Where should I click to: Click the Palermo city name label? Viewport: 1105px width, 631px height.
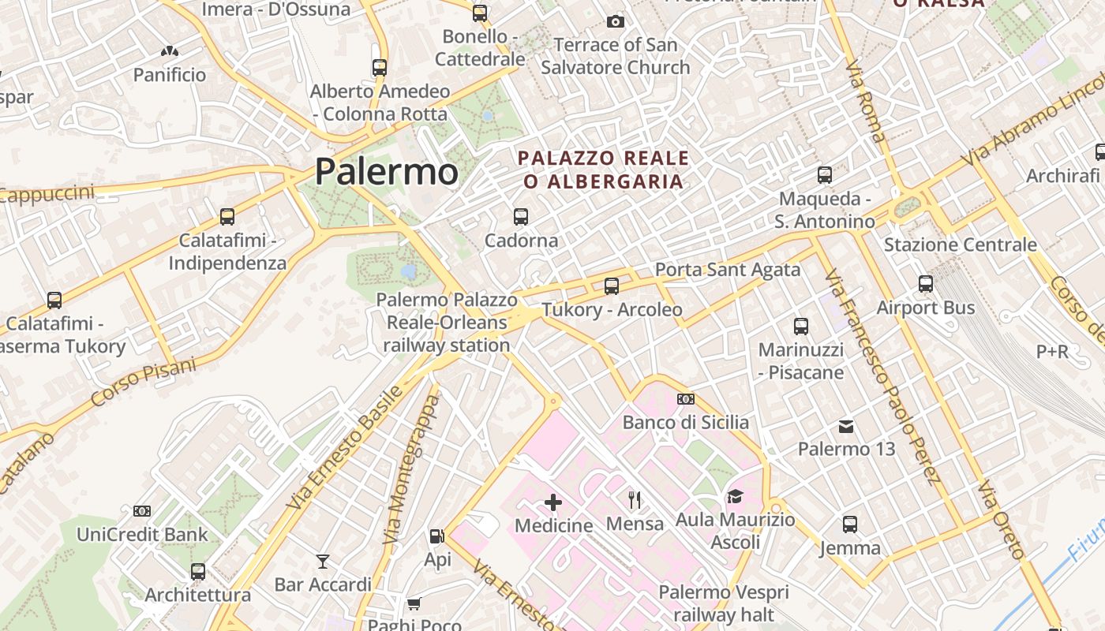coord(386,172)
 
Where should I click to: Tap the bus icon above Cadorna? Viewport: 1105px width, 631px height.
coord(520,216)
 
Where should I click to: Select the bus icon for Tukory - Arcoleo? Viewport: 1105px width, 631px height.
coord(612,286)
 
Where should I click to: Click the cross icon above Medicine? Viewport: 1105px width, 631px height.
coord(553,502)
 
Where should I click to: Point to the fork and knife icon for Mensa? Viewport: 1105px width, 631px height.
coord(634,499)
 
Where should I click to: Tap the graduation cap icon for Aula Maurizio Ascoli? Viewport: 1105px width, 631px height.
coord(735,496)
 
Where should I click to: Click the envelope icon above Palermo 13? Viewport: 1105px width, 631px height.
coord(846,427)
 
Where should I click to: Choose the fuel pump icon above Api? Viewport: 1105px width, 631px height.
coord(436,537)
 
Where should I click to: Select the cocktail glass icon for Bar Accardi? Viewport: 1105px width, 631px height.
coord(323,562)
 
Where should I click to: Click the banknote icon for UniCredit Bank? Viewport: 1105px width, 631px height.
coord(142,511)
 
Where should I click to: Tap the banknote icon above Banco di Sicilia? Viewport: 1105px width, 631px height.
coord(685,399)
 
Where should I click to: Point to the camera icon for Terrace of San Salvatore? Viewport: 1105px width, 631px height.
coord(616,21)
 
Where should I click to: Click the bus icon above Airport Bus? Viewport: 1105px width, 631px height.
coord(926,284)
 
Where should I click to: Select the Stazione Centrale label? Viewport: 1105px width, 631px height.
coord(960,245)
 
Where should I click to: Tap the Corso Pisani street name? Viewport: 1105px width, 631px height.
coord(144,382)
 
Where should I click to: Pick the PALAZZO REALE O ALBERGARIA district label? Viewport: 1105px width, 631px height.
coord(603,170)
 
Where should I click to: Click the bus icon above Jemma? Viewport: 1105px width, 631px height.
coord(850,524)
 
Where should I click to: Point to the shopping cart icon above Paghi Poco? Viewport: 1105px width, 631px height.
coord(414,604)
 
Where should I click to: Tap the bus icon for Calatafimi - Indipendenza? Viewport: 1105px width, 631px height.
coord(227,216)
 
